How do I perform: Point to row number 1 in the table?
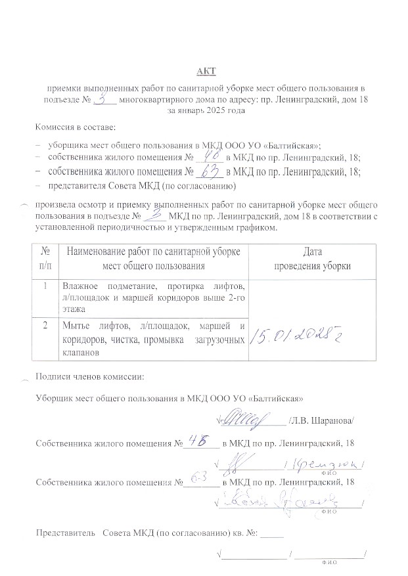[45, 286]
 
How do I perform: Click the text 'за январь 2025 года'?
[206, 112]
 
